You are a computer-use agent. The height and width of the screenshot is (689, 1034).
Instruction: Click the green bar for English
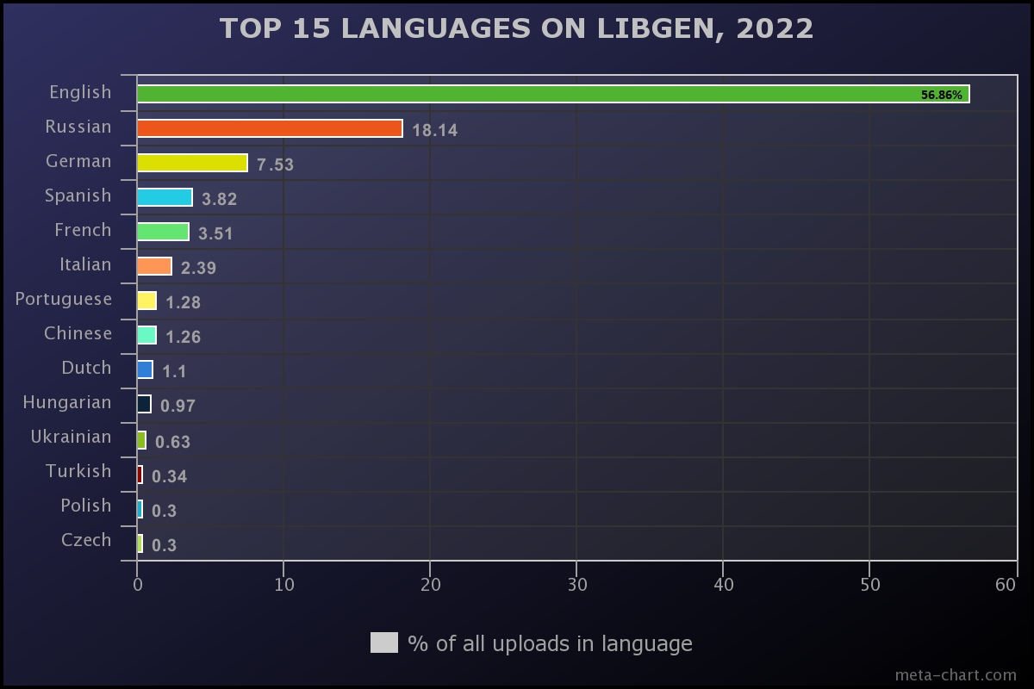pos(551,94)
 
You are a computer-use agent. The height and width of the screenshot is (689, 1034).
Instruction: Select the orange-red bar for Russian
pos(270,128)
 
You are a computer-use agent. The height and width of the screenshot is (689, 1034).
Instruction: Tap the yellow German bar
pos(192,163)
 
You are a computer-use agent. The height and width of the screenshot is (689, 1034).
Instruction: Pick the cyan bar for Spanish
pos(165,197)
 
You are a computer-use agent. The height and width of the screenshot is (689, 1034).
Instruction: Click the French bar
pos(163,232)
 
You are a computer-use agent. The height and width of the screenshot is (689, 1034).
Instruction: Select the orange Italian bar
pos(154,266)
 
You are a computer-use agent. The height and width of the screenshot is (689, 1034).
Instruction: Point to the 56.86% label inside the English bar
pos(941,95)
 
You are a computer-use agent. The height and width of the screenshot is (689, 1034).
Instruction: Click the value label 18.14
pos(434,131)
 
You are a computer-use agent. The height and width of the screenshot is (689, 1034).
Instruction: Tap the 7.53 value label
pos(275,165)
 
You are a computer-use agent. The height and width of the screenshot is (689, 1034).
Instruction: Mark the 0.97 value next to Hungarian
pos(178,407)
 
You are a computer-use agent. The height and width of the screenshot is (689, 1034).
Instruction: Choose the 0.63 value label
pos(172,442)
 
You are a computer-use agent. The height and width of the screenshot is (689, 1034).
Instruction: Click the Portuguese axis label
pos(64,299)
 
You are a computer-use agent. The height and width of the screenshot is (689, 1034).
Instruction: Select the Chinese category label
pos(78,333)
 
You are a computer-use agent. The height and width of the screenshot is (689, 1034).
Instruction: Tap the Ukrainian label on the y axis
pos(71,437)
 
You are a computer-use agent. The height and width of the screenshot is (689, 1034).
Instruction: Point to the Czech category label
pos(86,540)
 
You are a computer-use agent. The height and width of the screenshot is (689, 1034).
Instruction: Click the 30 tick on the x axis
pos(577,585)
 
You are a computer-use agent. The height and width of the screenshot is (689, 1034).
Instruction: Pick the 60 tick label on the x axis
pos(1006,585)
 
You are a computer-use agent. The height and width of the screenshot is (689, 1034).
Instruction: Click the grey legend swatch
pos(384,642)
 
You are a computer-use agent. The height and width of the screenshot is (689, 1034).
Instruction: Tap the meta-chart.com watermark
pos(956,674)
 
